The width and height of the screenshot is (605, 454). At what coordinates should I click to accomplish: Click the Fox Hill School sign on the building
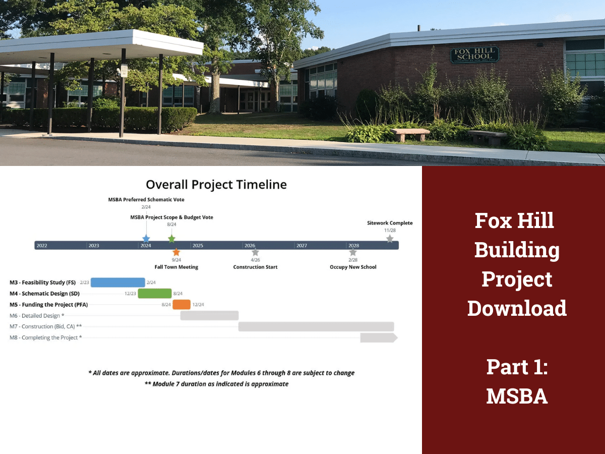pos(474,55)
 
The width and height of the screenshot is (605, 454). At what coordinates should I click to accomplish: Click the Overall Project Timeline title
pos(216,185)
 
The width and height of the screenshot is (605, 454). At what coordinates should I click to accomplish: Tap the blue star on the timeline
pos(146,239)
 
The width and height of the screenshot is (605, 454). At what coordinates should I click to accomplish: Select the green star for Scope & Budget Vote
pos(171,239)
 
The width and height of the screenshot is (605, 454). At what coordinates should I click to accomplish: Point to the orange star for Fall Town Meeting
pos(176,252)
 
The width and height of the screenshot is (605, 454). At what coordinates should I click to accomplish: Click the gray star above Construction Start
pos(255,252)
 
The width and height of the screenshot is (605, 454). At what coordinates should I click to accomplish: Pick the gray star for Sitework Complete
pos(390,239)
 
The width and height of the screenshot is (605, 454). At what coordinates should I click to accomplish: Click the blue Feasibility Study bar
pos(117,282)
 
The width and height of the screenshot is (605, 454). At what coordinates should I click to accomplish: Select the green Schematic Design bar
pos(155,294)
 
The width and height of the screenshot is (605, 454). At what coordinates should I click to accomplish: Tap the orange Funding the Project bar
pos(181,305)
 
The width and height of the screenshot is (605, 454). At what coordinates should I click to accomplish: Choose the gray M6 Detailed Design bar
pos(209,316)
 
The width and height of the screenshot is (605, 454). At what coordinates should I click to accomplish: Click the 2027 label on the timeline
pos(301,246)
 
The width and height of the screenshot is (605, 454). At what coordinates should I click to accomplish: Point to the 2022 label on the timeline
pos(41,246)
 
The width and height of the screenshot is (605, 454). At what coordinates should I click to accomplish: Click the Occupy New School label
pos(353,267)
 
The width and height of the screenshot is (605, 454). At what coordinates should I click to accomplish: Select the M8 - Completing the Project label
pos(45,337)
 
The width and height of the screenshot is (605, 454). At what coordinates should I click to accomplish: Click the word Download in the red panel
pos(517,308)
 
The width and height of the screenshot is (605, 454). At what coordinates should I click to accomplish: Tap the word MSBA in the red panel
pos(517,396)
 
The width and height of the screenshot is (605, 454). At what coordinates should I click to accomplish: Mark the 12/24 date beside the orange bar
pos(198,305)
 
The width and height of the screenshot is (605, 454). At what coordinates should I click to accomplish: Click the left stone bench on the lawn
pos(409,134)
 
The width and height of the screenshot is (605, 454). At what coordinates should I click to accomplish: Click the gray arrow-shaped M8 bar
pos(379,338)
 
